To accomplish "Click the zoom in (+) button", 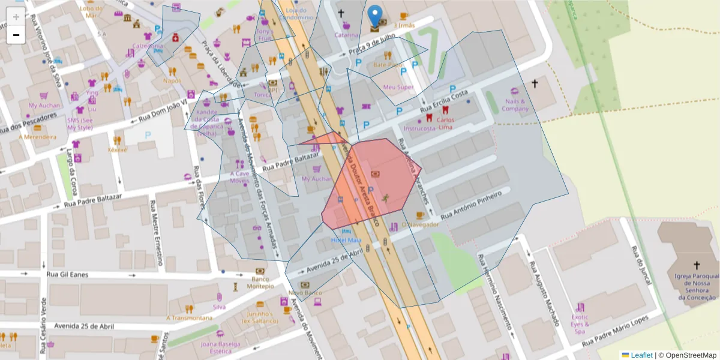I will tap(16, 17).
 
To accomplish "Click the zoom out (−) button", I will tap(16, 35).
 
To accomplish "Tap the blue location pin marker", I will tap(375, 16).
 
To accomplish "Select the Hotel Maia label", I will tap(346, 241).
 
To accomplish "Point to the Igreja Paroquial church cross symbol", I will tap(697, 265).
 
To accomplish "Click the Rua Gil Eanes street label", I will tap(67, 274).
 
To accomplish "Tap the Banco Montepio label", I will tap(260, 282).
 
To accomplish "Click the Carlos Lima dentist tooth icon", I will tap(445, 110).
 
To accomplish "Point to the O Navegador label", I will tap(421, 224).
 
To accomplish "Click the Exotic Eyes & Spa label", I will tap(580, 324).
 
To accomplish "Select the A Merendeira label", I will tap(37, 137).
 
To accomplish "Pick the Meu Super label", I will tap(398, 87).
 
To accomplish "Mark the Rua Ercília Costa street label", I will tap(443, 100).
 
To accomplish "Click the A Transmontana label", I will tap(190, 317).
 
